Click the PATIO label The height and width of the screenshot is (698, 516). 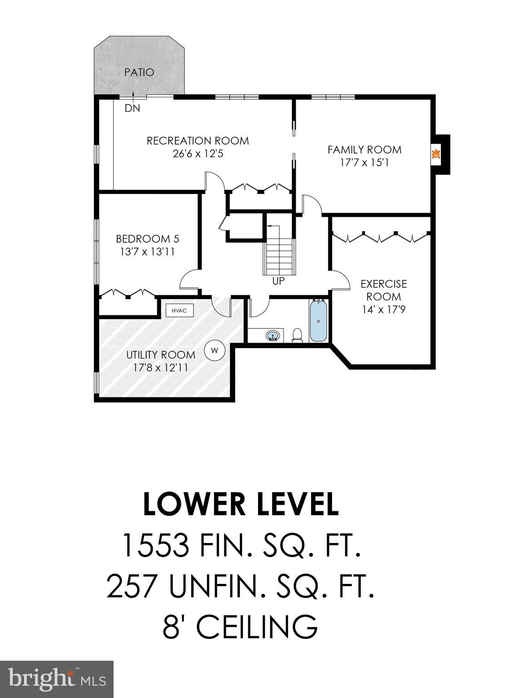tap(139, 72)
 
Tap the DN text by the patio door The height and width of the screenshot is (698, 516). tap(133, 109)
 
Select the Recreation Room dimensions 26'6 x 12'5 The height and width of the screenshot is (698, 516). tap(198, 154)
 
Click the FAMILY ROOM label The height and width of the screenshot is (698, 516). tap(365, 150)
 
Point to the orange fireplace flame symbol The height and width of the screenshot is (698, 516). tap(436, 155)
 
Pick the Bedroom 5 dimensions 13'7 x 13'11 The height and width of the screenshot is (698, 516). tap(148, 251)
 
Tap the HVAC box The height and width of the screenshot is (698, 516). tap(179, 310)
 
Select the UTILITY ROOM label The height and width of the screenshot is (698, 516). tap(161, 354)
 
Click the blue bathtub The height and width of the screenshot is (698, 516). tap(318, 321)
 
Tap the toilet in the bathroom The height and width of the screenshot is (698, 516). tap(298, 335)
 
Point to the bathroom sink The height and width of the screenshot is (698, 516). tap(273, 336)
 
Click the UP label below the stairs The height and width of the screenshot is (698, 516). tap(278, 281)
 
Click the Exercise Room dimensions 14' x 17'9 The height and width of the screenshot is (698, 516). tap(384, 309)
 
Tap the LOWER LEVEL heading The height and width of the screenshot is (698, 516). tap(241, 504)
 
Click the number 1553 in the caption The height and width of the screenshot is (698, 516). tap(155, 545)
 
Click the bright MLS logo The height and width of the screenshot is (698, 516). tap(57, 679)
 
